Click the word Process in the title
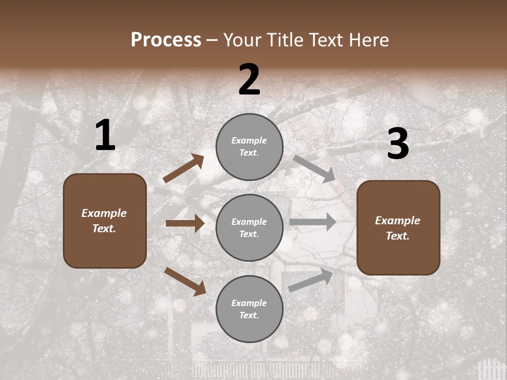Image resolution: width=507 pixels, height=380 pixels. pyautogui.click(x=166, y=40)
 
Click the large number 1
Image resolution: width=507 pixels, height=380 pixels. pyautogui.click(x=105, y=136)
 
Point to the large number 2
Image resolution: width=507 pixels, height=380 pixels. pyautogui.click(x=249, y=80)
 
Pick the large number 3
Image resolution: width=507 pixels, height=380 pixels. pyautogui.click(x=398, y=144)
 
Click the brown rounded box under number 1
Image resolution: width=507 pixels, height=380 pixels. pyautogui.click(x=105, y=221)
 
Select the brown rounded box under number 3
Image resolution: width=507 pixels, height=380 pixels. pyautogui.click(x=398, y=228)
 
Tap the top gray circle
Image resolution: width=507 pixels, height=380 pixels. pyautogui.click(x=249, y=147)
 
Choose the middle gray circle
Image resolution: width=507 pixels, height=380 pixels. pyautogui.click(x=249, y=227)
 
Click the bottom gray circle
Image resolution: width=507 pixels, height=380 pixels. pyautogui.click(x=249, y=309)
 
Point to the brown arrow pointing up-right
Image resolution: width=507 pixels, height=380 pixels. pyautogui.click(x=184, y=168)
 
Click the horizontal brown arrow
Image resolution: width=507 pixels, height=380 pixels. pyautogui.click(x=185, y=223)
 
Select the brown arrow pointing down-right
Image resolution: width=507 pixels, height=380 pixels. pyautogui.click(x=185, y=281)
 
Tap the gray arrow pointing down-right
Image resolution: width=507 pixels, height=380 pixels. pyautogui.click(x=314, y=168)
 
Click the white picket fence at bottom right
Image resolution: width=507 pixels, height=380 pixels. pyautogui.click(x=491, y=369)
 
